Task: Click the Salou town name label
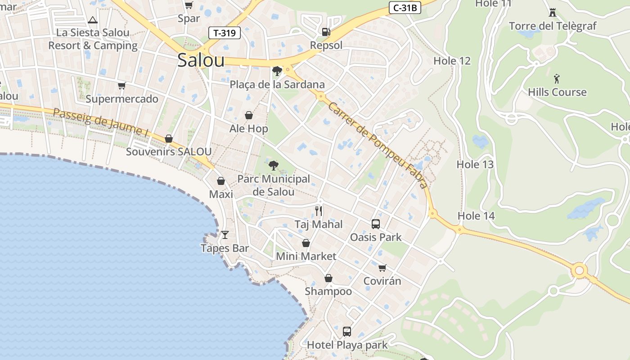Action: pyautogui.click(x=201, y=60)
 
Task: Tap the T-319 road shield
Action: pyautogui.click(x=225, y=32)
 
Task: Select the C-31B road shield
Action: pyautogui.click(x=405, y=8)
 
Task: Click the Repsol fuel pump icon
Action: pyautogui.click(x=326, y=31)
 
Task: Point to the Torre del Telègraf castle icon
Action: pyautogui.click(x=553, y=13)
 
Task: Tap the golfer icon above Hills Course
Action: pyautogui.click(x=557, y=79)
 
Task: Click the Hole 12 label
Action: pyautogui.click(x=452, y=61)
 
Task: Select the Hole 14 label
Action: pyautogui.click(x=476, y=216)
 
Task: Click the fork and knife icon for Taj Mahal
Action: pyautogui.click(x=319, y=211)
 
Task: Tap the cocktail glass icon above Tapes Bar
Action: pyautogui.click(x=225, y=235)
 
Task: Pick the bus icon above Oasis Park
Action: pyautogui.click(x=375, y=224)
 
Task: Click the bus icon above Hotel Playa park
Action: pyautogui.click(x=346, y=332)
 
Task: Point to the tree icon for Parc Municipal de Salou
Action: pyautogui.click(x=273, y=166)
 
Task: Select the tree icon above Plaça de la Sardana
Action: pyautogui.click(x=277, y=71)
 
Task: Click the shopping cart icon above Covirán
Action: pyautogui.click(x=382, y=268)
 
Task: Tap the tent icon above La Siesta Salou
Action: pyautogui.click(x=93, y=20)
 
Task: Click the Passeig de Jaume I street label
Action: pyautogui.click(x=101, y=122)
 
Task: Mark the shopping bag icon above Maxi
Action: pyautogui.click(x=221, y=181)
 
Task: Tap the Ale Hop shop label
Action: pyautogui.click(x=248, y=129)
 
